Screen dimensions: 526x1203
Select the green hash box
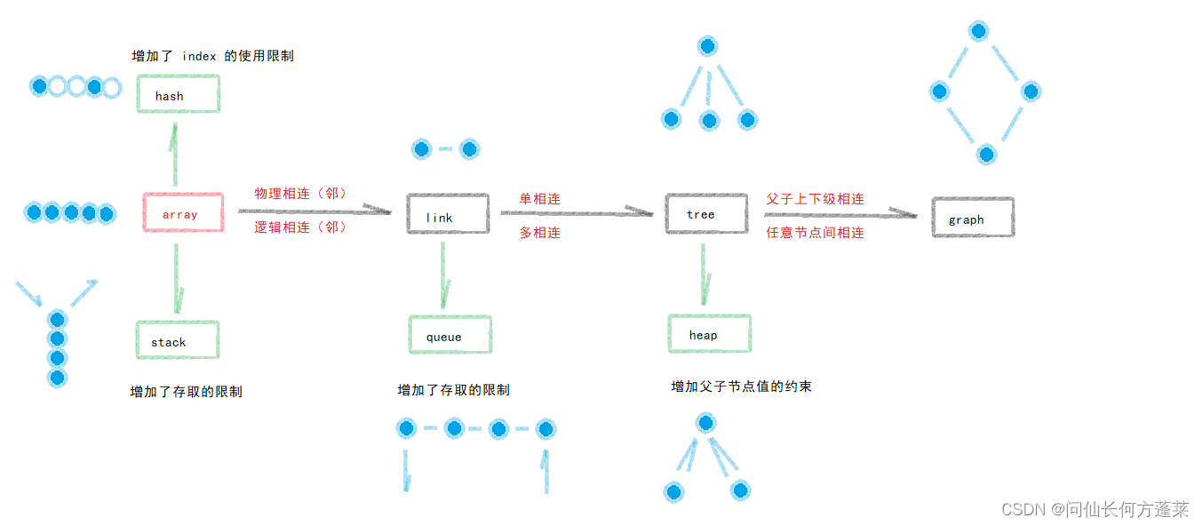(x=179, y=94)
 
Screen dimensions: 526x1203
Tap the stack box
(x=178, y=340)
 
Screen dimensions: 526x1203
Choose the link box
(x=448, y=214)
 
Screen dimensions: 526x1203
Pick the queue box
(x=450, y=335)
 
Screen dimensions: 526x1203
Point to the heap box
(x=709, y=334)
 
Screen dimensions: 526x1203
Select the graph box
(x=973, y=217)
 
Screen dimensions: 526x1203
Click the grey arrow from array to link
(x=315, y=211)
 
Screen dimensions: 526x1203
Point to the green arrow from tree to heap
(x=704, y=275)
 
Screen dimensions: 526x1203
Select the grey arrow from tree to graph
(x=840, y=213)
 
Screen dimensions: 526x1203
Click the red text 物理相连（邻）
(x=299, y=194)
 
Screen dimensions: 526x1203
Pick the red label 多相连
(x=540, y=233)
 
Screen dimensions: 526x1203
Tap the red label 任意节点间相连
(x=815, y=233)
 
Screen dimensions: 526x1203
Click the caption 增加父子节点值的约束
(x=741, y=387)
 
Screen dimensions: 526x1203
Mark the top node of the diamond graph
(x=979, y=31)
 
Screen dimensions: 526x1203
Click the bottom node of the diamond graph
(x=985, y=155)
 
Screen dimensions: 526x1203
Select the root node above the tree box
(x=707, y=46)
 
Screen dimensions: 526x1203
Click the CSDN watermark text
(x=1095, y=509)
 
